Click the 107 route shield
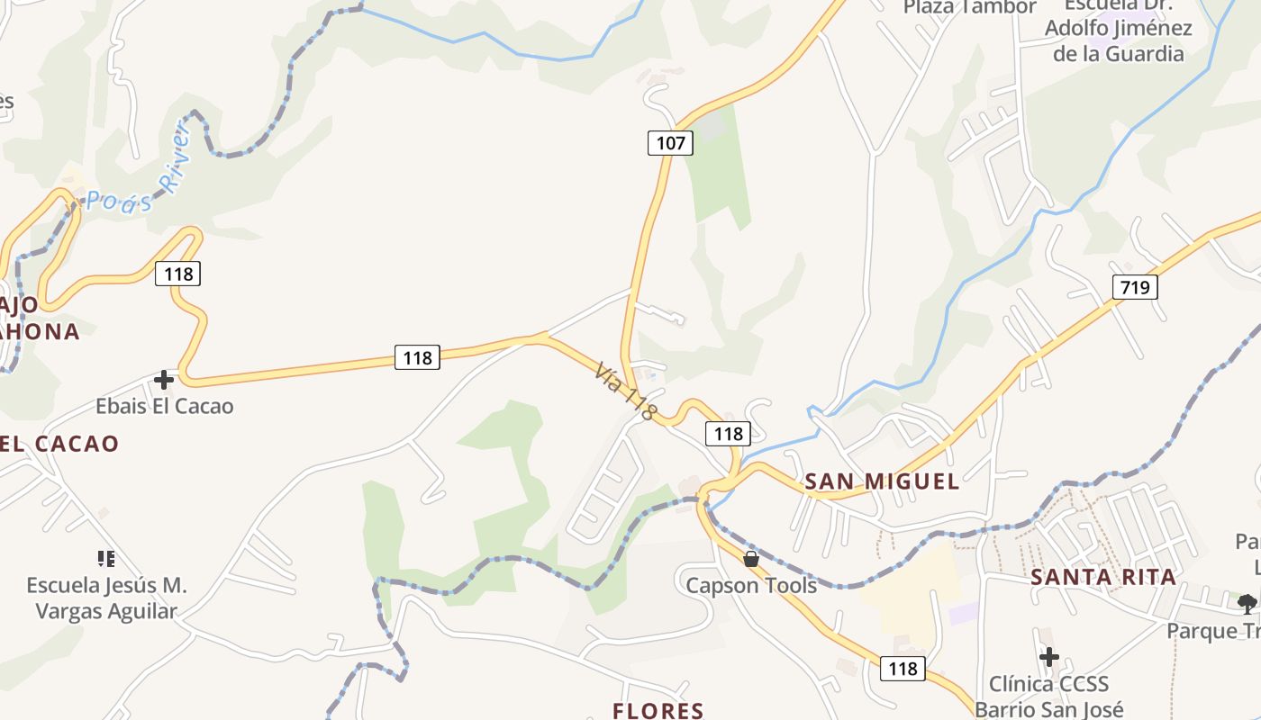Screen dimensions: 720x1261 [670, 142]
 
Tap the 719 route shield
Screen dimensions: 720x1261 [1135, 287]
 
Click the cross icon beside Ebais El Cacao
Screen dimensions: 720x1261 [164, 380]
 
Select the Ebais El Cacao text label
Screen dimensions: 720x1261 [165, 406]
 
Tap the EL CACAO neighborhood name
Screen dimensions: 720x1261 [59, 444]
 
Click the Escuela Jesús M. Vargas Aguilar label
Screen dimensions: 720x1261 [106, 598]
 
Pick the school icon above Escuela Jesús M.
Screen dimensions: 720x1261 [106, 559]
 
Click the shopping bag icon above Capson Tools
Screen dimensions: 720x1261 [750, 559]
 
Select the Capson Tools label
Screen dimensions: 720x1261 [751, 586]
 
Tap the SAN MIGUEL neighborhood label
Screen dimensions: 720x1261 [882, 481]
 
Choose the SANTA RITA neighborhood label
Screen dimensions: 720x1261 [1103, 577]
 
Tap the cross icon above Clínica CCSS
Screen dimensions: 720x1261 [1049, 657]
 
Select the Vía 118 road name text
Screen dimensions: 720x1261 [627, 391]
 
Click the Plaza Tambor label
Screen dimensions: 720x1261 [969, 7]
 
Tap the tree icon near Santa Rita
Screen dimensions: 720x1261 [1247, 603]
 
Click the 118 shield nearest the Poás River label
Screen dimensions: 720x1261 [177, 273]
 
